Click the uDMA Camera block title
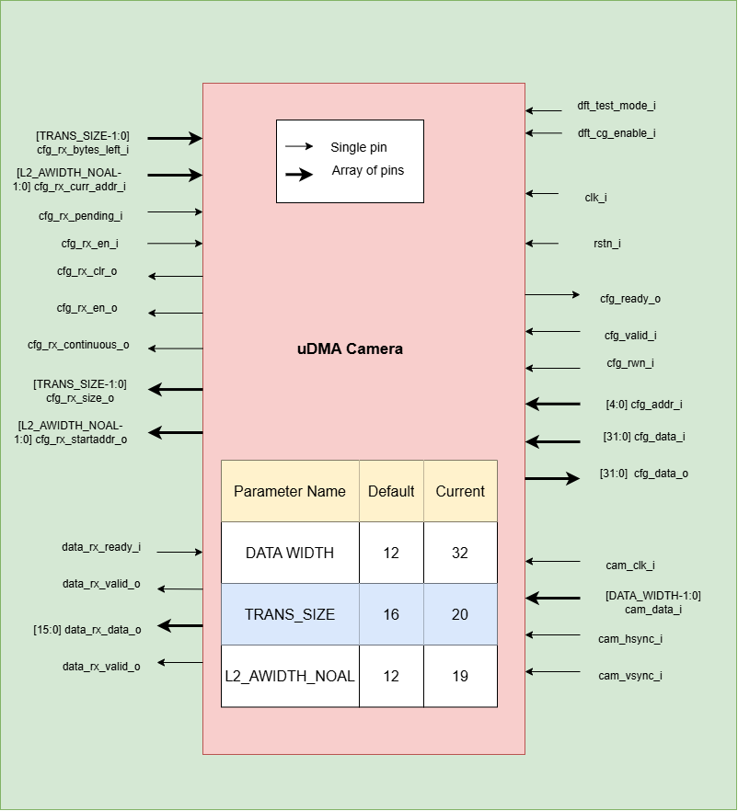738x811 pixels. tap(350, 349)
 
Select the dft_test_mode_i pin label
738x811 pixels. tap(616, 106)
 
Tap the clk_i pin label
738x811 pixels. tap(595, 198)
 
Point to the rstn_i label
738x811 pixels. tap(606, 244)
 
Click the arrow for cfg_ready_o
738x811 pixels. tap(552, 295)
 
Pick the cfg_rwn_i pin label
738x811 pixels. tap(629, 363)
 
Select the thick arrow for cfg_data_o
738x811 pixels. tap(552, 478)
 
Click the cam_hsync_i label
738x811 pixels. tap(630, 639)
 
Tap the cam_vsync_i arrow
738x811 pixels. tap(553, 672)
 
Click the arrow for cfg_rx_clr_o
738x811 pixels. tap(175, 276)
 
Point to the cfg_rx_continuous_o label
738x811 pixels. tap(78, 345)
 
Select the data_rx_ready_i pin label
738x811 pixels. tap(101, 547)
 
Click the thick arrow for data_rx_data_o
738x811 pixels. tap(179, 626)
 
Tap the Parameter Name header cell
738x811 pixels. tap(290, 491)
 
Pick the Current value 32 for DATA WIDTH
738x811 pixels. tap(460, 553)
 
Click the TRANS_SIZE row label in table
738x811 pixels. tap(290, 614)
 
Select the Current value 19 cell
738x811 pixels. tap(460, 676)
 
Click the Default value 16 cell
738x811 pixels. tap(391, 614)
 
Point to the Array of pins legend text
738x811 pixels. tap(368, 170)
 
